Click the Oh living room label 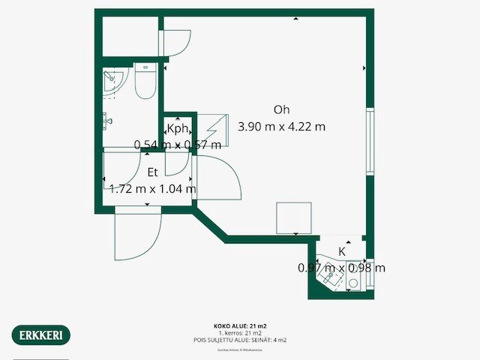pos(281,109)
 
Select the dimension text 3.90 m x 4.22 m pos(281,127)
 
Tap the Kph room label pos(178,128)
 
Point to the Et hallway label pos(152,172)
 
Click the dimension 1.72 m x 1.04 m pos(152,188)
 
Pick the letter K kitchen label pos(342,251)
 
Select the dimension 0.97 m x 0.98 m pos(341,268)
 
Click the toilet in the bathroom pos(144,83)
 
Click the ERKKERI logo pos(41,334)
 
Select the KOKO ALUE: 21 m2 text pos(240,326)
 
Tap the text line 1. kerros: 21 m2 pos(240,333)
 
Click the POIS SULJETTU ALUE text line pos(240,340)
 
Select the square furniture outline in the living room pos(294,218)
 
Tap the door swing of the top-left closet pos(177,41)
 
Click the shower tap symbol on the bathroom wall pos(107,119)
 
